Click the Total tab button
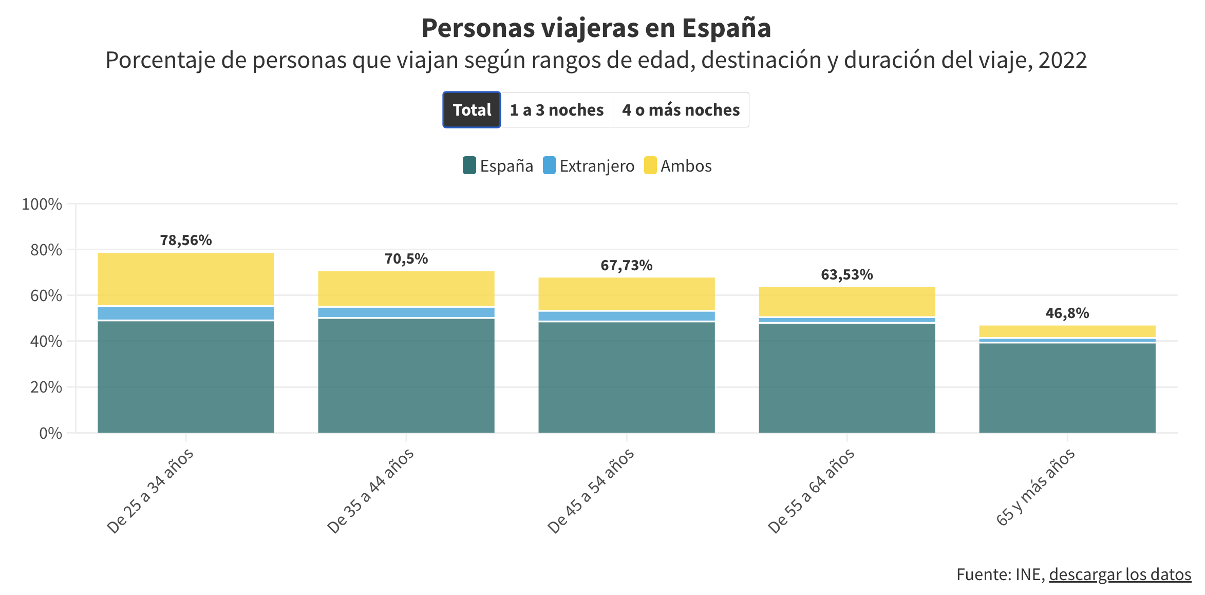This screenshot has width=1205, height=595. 472,110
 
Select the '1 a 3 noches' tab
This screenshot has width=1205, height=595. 557,110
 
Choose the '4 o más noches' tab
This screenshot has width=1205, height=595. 681,110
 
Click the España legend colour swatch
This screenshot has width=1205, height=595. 469,165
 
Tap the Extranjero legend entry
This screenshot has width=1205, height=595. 589,165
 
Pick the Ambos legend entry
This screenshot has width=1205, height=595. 678,165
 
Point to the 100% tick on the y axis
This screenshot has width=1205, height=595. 42,204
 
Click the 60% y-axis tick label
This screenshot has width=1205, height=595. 46,295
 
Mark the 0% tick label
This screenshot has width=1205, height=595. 50,433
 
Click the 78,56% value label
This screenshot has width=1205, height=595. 186,240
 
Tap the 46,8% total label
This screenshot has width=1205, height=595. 1067,313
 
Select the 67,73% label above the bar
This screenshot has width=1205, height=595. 626,265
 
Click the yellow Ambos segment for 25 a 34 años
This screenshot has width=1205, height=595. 186,279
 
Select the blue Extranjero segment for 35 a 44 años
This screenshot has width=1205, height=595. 406,312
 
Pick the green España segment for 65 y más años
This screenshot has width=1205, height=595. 1067,388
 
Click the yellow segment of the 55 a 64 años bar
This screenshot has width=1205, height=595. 846,302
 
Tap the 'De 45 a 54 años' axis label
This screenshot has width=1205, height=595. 591,491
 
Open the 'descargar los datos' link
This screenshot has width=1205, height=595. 1120,574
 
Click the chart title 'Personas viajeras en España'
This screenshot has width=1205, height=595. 596,28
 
